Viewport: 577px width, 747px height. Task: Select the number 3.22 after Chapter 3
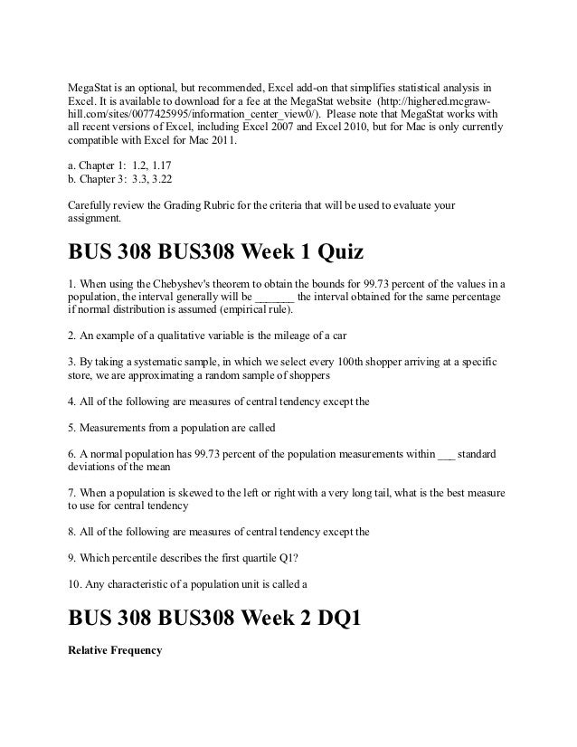tap(159, 181)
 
